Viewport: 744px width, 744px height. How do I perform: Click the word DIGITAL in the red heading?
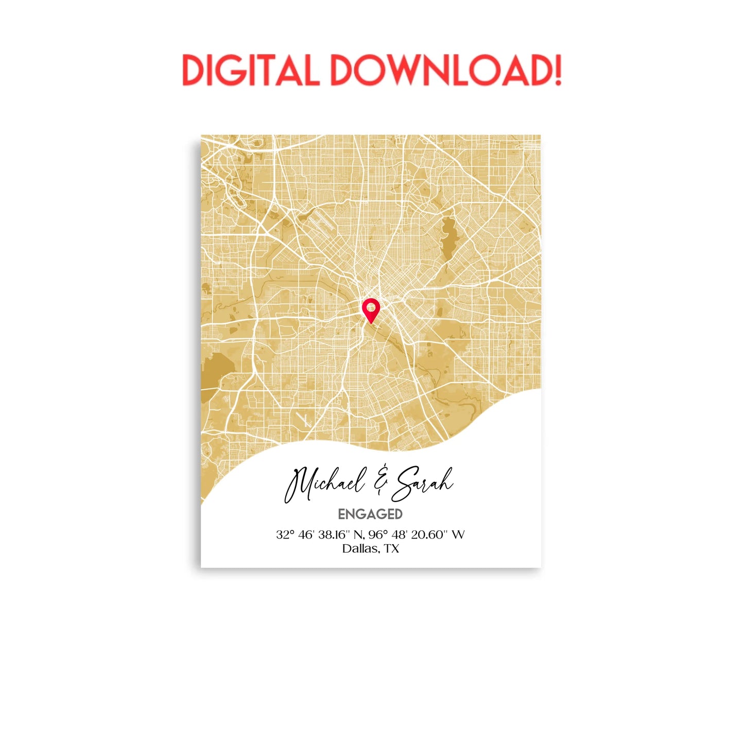pos(250,70)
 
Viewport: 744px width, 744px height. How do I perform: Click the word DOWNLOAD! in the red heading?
pos(445,70)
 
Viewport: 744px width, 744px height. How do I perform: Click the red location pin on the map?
pos(371,310)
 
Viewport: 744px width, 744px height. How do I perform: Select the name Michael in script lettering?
pos(324,484)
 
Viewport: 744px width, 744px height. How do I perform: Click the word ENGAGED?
pos(370,514)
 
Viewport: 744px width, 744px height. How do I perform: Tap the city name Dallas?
pos(361,549)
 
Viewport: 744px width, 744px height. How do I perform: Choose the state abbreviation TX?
pos(391,549)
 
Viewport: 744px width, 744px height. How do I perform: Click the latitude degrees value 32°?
pos(285,535)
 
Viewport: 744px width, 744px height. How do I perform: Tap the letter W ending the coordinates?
pos(458,535)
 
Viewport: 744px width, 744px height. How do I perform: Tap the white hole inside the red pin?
pos(371,307)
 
